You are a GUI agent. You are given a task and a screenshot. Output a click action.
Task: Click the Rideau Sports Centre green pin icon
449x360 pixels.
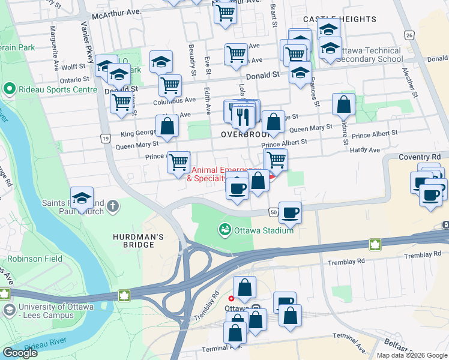9,89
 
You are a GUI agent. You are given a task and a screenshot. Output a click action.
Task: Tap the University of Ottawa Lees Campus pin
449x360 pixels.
9,310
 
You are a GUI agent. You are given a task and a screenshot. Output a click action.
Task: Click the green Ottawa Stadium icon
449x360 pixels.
225,229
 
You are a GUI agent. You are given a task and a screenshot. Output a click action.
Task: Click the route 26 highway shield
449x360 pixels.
409,35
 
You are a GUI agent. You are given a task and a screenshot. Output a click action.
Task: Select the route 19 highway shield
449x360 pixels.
104,139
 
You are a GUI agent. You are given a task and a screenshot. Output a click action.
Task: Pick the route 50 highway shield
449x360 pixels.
273,212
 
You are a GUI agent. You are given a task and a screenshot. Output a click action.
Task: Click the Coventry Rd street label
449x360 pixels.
420,157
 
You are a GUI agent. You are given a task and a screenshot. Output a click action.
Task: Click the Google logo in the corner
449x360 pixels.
20,353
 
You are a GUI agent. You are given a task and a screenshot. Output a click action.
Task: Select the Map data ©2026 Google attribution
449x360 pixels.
412,355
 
